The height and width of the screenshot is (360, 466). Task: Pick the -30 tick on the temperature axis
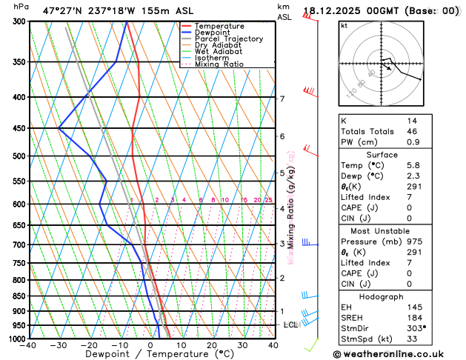click(x=59, y=345)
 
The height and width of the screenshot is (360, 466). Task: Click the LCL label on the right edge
click(x=290, y=325)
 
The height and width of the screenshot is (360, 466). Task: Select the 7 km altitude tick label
click(x=282, y=99)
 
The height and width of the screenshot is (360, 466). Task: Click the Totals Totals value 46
click(x=411, y=130)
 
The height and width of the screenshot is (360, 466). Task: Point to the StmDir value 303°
click(x=416, y=327)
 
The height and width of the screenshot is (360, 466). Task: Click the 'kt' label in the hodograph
click(x=344, y=26)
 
